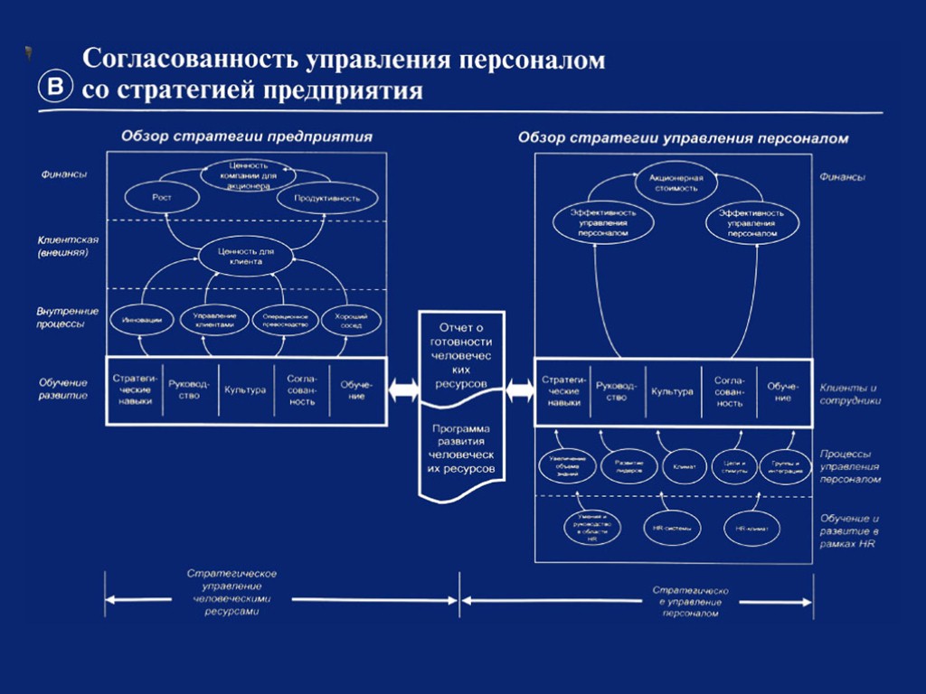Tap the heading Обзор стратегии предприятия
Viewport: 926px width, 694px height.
coord(247,136)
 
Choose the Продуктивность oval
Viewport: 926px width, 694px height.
coord(326,197)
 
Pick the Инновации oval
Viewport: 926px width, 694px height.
coord(142,321)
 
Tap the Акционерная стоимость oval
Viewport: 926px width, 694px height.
coord(674,183)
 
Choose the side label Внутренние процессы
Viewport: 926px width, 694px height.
coord(68,316)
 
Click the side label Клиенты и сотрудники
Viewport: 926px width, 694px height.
coord(850,393)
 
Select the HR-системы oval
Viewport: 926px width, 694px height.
coord(670,529)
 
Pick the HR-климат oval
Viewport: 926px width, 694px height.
coord(750,529)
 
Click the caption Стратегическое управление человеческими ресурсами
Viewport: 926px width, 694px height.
coord(231,592)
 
